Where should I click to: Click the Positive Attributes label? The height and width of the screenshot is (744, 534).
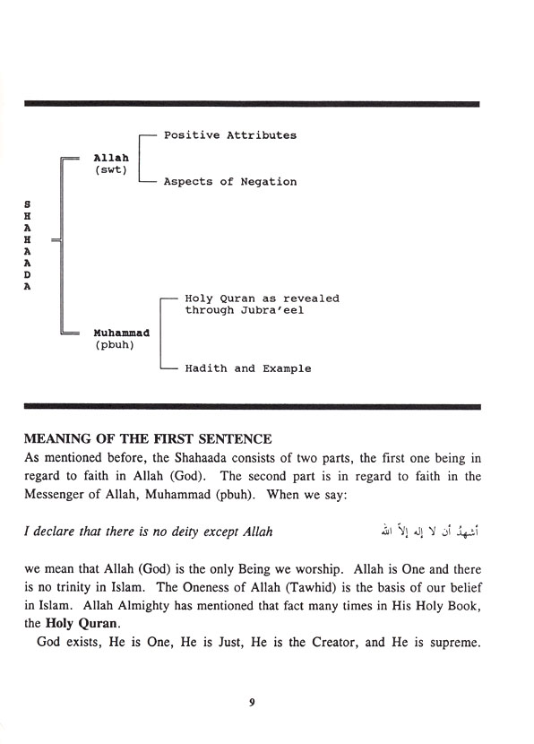229,135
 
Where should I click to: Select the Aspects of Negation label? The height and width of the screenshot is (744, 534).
229,182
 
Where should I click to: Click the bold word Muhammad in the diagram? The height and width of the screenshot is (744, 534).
121,333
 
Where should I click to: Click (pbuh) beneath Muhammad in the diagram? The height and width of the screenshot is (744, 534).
116,345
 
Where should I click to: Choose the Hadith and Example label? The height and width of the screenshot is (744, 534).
248,368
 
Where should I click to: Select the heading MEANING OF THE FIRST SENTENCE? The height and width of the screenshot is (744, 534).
147,439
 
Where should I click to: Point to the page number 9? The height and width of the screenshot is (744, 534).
253,703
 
